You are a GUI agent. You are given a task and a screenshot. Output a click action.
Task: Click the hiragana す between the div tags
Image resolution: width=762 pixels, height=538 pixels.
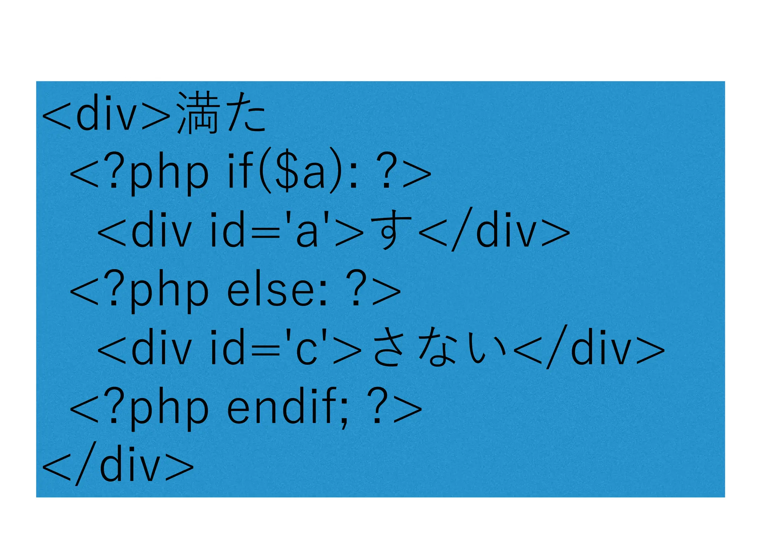click(x=391, y=231)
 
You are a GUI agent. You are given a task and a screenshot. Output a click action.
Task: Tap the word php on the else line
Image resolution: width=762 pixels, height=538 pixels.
click(x=169, y=292)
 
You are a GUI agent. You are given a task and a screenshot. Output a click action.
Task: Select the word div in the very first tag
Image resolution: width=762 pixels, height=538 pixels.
click(x=106, y=114)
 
